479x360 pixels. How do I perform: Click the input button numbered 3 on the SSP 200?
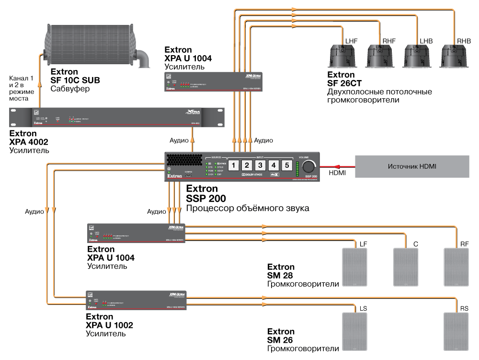pyautogui.click(x=260, y=165)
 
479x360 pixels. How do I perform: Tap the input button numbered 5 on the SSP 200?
pyautogui.click(x=286, y=165)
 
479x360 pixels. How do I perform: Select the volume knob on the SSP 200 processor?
pyautogui.click(x=309, y=166)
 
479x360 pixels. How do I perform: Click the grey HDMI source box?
pyautogui.click(x=411, y=167)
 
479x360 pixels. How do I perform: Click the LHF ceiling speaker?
pyautogui.click(x=343, y=56)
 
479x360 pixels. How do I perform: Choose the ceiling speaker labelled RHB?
pyautogui.click(x=456, y=56)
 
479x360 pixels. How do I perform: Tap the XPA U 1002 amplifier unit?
pyautogui.click(x=136, y=300)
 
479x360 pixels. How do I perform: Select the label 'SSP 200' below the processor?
pyautogui.click(x=206, y=198)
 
